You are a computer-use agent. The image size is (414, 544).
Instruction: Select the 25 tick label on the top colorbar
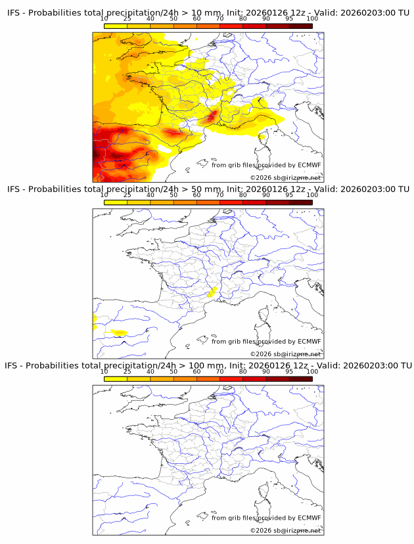click(127, 20)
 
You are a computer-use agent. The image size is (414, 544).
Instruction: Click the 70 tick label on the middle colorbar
click(219, 195)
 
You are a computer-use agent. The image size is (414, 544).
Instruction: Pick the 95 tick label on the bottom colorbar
click(289, 372)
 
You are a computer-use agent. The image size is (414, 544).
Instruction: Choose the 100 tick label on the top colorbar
click(312, 20)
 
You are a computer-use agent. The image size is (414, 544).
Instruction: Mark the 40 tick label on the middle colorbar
click(150, 195)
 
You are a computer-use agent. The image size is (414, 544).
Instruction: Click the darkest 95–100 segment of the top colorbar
click(300, 26)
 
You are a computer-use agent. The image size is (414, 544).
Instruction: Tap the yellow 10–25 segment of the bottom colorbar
click(116, 379)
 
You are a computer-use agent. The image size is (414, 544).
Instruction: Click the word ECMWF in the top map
click(310, 165)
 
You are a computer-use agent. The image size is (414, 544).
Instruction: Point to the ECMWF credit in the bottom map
click(310, 518)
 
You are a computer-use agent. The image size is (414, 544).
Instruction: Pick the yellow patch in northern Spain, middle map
click(118, 332)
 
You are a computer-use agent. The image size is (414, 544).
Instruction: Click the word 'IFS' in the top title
click(13, 12)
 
